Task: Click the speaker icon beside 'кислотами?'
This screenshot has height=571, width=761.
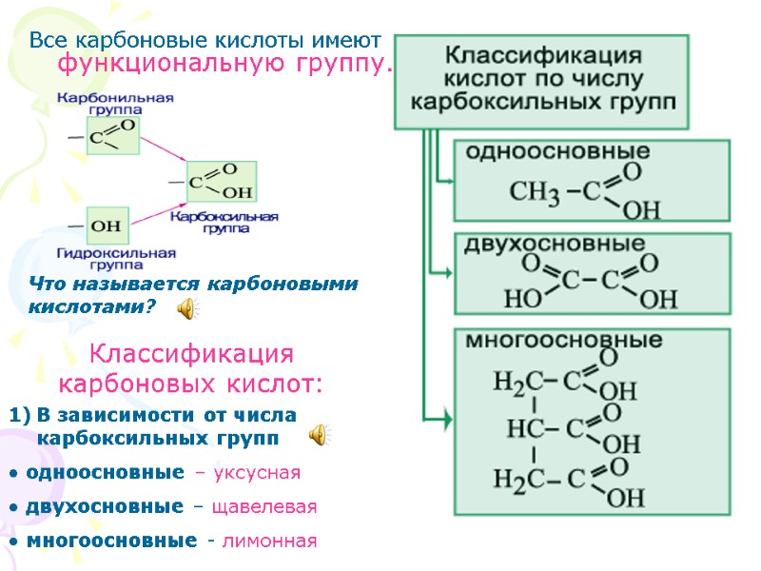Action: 188,307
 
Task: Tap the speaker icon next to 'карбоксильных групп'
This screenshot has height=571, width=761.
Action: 320,436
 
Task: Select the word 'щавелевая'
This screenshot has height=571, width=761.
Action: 269,506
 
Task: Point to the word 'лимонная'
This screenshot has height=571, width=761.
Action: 268,541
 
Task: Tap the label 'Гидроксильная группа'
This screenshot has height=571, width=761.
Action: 116,258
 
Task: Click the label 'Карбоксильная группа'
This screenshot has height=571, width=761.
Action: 224,223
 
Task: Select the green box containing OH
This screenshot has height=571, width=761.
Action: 107,226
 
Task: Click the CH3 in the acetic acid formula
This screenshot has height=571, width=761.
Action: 534,193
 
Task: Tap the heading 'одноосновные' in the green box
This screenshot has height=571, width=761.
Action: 556,152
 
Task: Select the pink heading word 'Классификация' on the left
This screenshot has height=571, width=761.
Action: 191,355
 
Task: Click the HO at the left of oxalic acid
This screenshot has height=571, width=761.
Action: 520,299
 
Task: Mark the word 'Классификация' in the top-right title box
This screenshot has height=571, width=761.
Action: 542,52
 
